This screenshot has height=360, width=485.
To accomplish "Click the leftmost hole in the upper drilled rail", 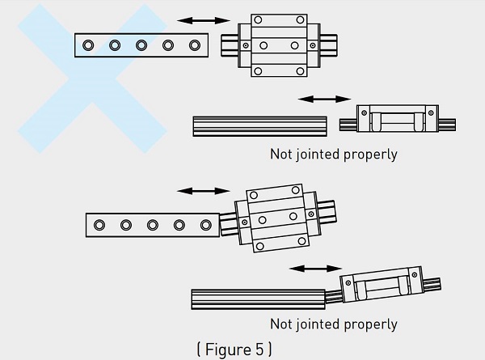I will coord(90,44).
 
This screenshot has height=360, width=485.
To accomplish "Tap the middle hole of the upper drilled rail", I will coord(141,44).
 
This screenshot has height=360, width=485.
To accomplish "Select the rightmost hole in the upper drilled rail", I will coord(194,44).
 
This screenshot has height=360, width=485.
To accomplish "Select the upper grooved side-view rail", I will coord(259,125).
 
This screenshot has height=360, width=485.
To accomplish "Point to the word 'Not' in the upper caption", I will coord(282,154).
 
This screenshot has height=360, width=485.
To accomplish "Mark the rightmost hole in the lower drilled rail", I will coord(204,224).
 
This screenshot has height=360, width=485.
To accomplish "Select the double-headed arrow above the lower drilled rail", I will coord(203,191).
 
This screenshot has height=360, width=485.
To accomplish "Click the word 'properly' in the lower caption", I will coord(371,324).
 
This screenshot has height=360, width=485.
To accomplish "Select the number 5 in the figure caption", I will coord(258,349).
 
